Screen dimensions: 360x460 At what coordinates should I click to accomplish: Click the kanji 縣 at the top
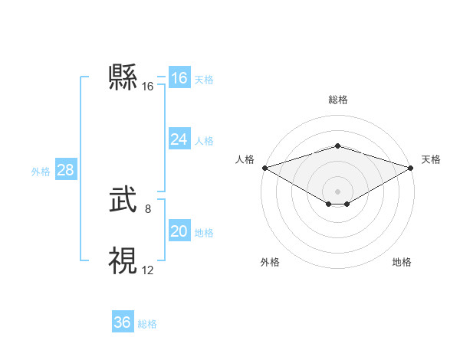click(x=123, y=77)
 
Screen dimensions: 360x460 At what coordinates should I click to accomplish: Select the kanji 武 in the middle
click(x=123, y=201)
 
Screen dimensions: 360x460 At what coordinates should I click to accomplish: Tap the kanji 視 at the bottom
click(x=123, y=260)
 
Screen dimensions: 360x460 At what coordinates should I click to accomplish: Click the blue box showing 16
click(x=179, y=78)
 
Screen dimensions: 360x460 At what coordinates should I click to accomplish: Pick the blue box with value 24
click(x=179, y=139)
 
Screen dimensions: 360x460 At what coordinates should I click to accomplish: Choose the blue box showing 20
click(x=179, y=231)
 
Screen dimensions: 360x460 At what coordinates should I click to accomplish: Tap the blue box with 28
click(x=65, y=170)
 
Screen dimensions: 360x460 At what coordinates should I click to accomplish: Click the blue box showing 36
click(x=122, y=322)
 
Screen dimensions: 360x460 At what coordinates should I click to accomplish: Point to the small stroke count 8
click(x=147, y=208)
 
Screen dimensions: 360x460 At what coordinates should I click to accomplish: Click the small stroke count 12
click(x=147, y=269)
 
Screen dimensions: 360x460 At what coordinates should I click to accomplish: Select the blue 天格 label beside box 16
click(x=204, y=80)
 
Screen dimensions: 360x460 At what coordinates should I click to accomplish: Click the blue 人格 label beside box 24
click(x=204, y=141)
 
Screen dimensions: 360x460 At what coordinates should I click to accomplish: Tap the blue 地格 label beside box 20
click(x=204, y=233)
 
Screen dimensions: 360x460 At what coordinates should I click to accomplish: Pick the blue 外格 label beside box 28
click(x=41, y=172)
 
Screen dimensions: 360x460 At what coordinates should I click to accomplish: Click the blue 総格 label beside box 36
click(x=147, y=324)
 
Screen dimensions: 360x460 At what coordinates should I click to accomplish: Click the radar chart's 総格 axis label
click(x=337, y=100)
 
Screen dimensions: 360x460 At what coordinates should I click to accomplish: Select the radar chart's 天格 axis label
click(x=432, y=159)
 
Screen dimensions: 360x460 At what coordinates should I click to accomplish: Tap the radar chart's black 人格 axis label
click(x=245, y=159)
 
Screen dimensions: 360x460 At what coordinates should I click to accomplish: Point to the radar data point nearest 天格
click(x=412, y=168)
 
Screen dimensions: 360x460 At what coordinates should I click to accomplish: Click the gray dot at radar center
click(x=337, y=190)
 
